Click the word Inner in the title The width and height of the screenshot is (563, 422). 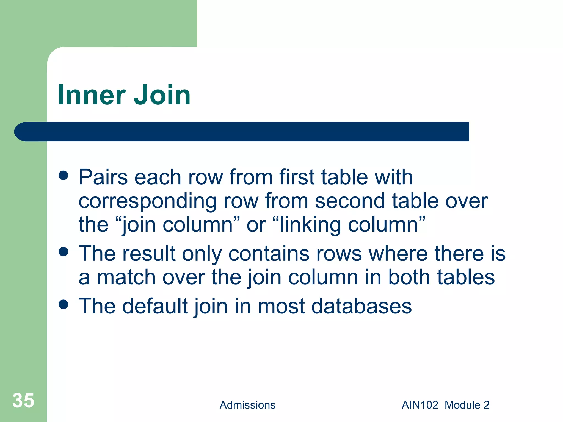(92, 95)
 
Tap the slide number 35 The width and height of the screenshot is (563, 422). (23, 400)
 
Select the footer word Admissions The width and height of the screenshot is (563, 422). (247, 405)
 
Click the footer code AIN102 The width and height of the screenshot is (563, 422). (420, 405)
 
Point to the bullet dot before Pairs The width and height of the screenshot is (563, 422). (64, 176)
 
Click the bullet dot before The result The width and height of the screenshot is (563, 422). (64, 252)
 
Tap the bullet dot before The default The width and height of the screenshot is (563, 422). (64, 304)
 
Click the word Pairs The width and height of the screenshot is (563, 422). (103, 177)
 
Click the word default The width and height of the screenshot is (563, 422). (155, 306)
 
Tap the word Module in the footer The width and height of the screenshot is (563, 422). (463, 405)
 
